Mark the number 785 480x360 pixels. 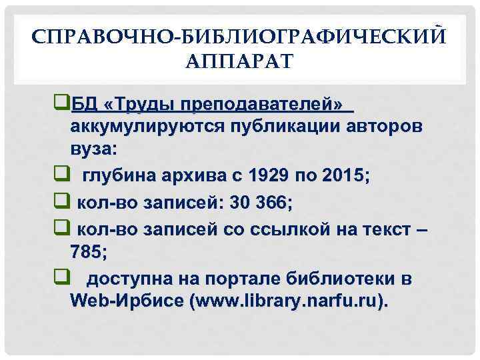coord(85,251)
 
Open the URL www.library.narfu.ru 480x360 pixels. coord(287,301)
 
